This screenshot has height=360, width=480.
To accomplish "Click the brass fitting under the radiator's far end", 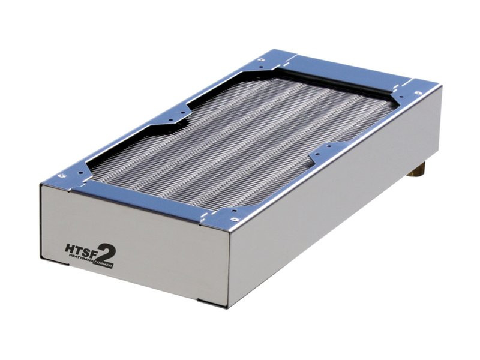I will [418, 170].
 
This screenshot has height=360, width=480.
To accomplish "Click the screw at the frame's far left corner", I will [262, 59].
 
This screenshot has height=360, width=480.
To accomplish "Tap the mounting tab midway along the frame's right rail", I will [324, 153].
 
